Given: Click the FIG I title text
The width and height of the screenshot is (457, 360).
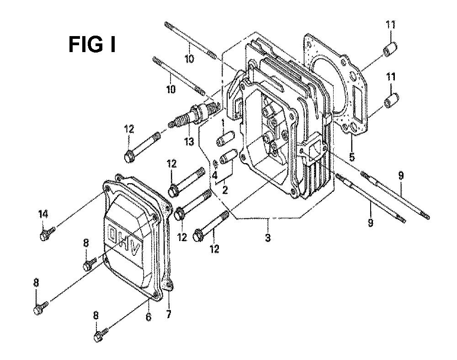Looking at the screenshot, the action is click(92, 45).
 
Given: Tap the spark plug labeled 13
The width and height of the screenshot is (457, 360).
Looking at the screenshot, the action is click(193, 115).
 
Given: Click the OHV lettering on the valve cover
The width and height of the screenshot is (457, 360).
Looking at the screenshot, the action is click(123, 238).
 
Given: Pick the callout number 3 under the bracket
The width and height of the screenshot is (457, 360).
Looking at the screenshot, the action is click(268, 237).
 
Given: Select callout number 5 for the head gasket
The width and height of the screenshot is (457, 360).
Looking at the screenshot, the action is click(352, 157).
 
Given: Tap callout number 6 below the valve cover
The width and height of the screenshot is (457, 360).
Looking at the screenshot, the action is click(149, 317).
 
